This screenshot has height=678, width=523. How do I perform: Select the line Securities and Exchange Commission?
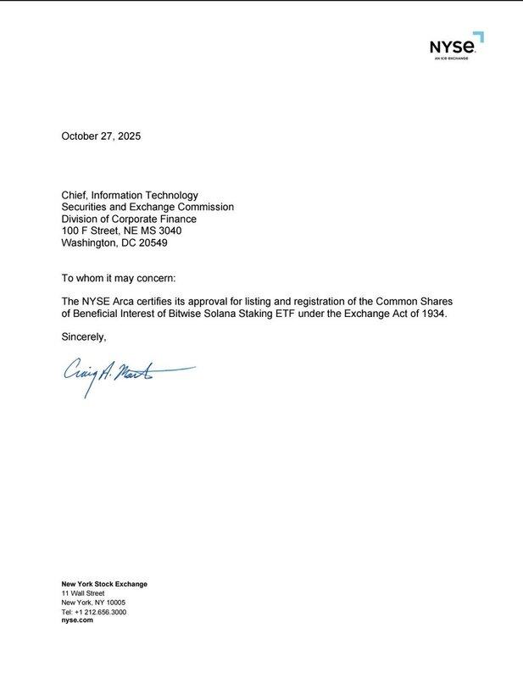point(147,207)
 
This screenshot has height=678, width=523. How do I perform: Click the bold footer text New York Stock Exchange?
point(104,584)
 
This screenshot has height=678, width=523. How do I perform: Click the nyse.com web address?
point(77,620)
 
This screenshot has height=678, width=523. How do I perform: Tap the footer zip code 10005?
point(114,603)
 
